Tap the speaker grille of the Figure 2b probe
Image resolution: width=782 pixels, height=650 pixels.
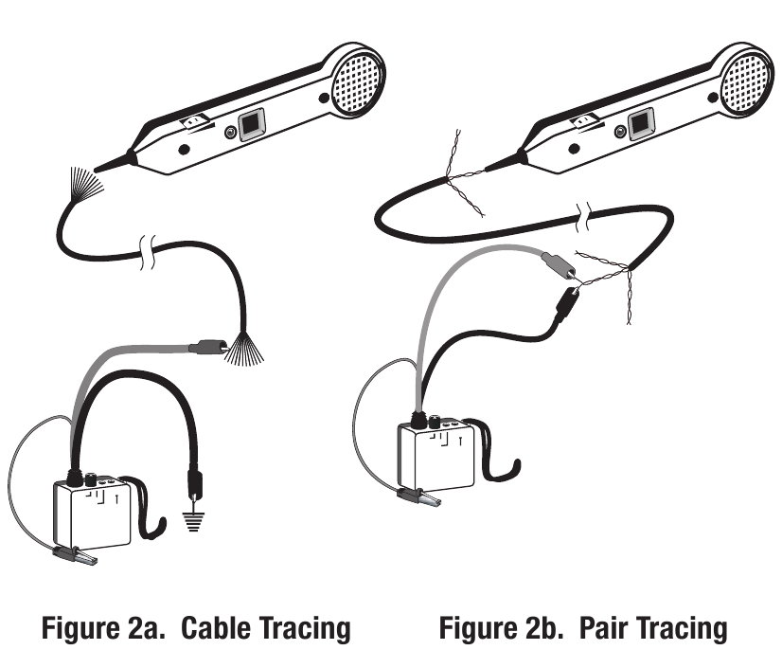pyautogui.click(x=746, y=79)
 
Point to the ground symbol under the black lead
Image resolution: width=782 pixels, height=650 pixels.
pyautogui.click(x=194, y=521)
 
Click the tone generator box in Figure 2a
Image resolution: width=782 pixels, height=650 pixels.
pyautogui.click(x=93, y=511)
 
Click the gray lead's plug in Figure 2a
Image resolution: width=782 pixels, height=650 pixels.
pyautogui.click(x=205, y=348)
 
